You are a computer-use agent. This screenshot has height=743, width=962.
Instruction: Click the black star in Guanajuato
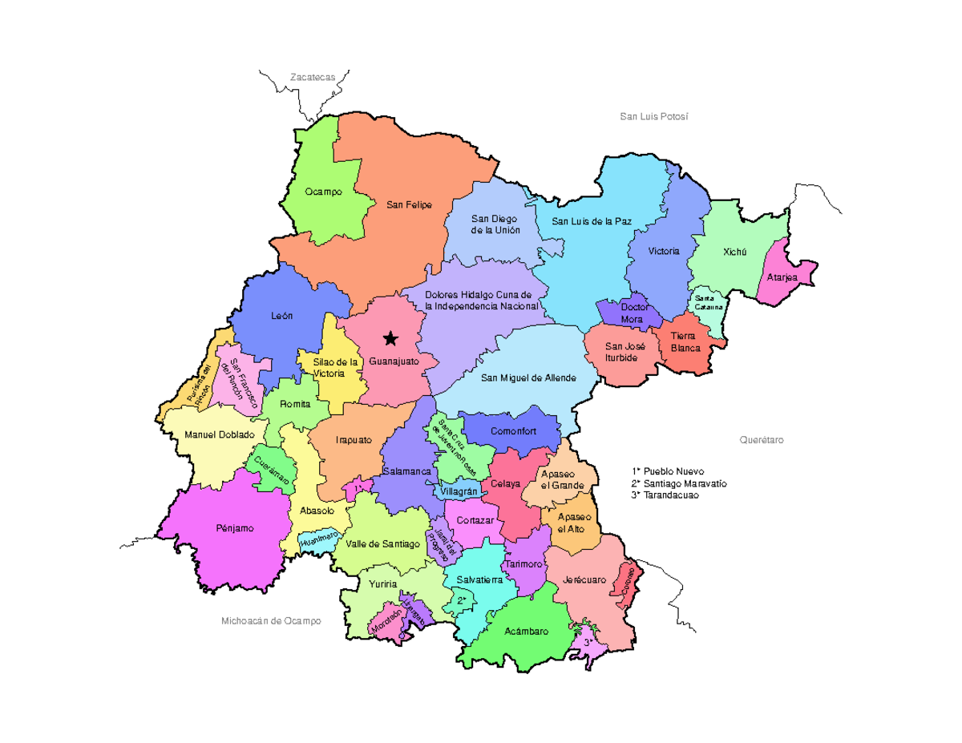coord(390,338)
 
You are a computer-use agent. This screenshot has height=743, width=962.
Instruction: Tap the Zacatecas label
coord(313,77)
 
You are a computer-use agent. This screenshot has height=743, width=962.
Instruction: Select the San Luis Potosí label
coord(654,117)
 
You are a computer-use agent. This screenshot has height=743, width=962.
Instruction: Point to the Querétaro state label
coord(761,440)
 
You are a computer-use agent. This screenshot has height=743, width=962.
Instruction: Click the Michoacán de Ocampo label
coord(271,621)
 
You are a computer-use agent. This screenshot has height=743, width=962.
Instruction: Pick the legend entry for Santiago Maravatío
coord(679,483)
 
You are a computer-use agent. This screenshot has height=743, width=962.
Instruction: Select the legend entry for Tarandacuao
coord(665,495)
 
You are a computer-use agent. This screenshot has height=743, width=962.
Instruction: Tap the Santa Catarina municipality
coord(708,303)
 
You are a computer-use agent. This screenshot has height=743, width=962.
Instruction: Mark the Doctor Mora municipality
coord(634,313)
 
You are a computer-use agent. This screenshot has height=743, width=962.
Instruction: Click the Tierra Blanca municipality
coord(685,343)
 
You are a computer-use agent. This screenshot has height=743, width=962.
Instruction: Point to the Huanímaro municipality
coord(319,539)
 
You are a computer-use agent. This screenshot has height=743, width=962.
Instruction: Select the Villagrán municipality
coord(459,491)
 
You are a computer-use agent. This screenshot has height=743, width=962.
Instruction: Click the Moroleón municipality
coord(386,622)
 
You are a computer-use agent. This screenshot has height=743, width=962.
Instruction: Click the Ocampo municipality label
coord(323,192)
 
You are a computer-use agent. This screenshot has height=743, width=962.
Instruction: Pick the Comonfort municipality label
coord(514,430)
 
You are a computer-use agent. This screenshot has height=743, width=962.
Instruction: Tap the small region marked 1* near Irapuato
coord(358,487)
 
